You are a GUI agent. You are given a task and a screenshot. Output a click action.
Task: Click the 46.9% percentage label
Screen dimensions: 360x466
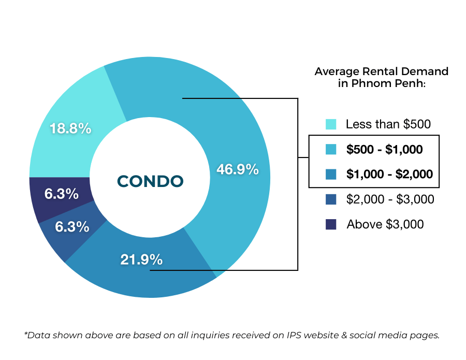(237, 169)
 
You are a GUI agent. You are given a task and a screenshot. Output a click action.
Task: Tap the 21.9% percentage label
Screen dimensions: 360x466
(141, 259)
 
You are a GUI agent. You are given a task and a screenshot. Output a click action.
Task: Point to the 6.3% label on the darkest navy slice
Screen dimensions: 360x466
(62, 194)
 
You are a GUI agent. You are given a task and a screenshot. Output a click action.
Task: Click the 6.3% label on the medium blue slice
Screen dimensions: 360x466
(72, 227)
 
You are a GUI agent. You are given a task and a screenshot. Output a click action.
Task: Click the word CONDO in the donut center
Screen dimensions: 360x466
(150, 181)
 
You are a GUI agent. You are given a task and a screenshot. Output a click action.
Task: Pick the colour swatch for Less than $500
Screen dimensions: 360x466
(331, 124)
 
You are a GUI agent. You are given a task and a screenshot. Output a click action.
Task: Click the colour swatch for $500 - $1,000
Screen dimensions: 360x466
(331, 150)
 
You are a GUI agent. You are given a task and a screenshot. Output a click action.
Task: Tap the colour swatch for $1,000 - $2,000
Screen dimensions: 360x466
(331, 174)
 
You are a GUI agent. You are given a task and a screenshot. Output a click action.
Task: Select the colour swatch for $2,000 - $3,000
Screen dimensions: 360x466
(331, 199)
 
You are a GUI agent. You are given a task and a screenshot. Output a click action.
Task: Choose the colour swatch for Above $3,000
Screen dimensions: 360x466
(331, 224)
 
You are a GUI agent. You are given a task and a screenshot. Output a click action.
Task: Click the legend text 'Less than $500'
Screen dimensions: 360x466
(388, 124)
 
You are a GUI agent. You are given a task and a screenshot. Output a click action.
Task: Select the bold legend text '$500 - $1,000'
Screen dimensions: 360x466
(384, 150)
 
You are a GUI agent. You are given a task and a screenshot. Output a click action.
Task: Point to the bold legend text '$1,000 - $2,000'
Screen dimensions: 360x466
(389, 174)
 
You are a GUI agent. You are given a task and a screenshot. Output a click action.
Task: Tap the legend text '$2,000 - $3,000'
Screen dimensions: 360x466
(390, 199)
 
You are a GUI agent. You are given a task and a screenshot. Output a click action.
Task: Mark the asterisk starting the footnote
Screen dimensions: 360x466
(26, 334)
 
